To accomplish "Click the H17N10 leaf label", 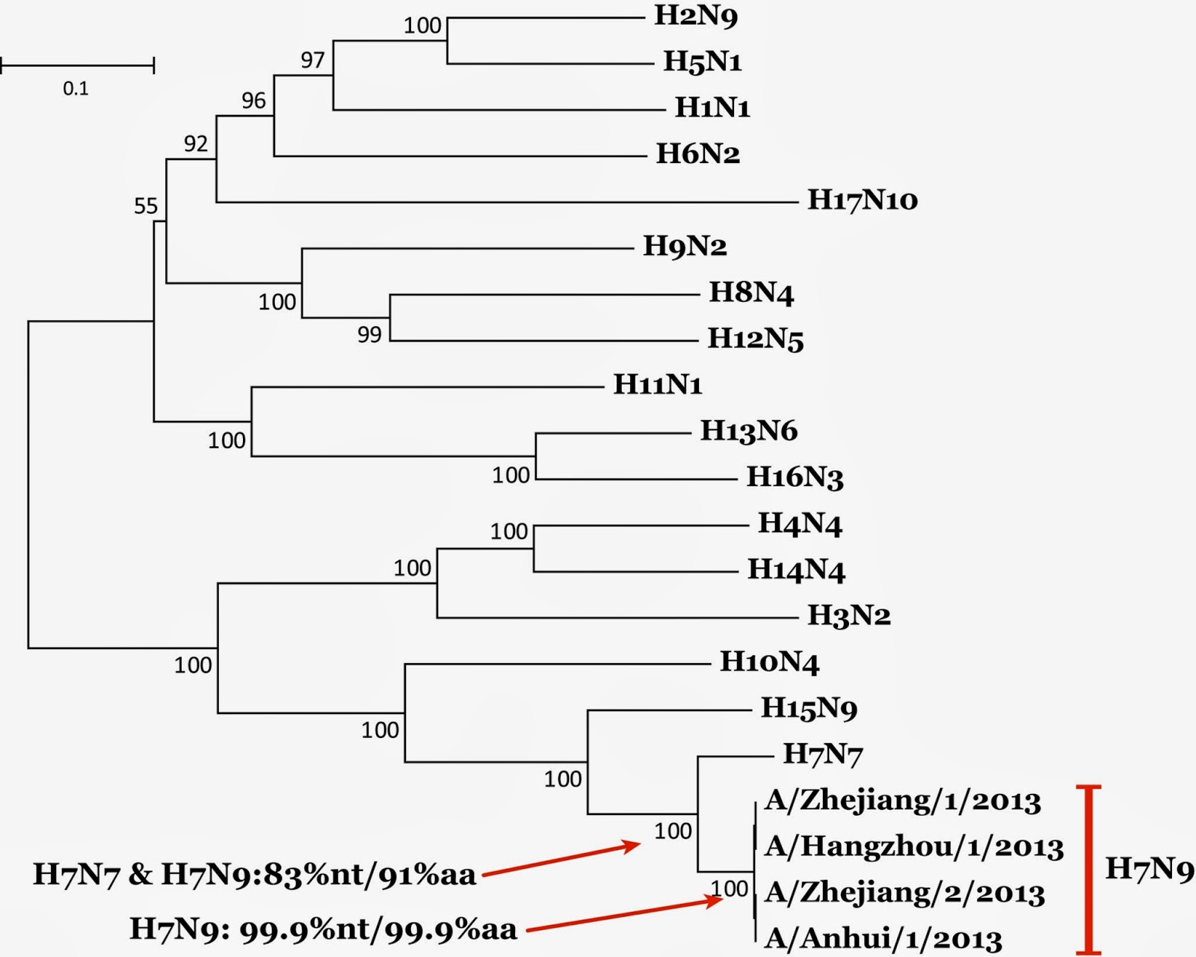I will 862,200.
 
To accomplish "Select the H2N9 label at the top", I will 696,16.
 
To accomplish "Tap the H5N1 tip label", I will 703,61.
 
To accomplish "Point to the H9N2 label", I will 685,246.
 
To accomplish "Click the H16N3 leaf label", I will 795,477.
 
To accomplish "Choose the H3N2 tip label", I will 848,615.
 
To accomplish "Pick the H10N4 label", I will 769,662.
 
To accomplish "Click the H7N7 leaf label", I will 822,754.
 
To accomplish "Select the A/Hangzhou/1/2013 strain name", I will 913,846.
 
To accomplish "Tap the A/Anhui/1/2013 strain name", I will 883,938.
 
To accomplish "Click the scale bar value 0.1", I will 75,89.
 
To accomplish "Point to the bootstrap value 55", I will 146,206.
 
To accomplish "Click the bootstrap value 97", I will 312,60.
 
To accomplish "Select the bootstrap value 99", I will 369,334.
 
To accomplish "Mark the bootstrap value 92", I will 196,143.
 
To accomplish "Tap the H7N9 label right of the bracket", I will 1149,869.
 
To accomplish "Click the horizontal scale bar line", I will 77,66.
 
